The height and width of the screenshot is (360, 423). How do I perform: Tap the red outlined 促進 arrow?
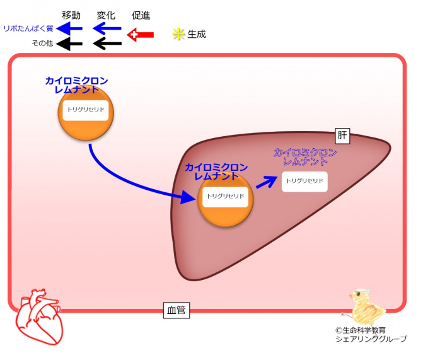pos(141,35)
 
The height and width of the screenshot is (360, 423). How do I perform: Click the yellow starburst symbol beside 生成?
pos(178,34)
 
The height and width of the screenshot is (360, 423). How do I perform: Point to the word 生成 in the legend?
pos(197,34)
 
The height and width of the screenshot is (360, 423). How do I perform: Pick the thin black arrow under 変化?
pos(107,44)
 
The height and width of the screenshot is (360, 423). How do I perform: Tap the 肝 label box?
pos(342,136)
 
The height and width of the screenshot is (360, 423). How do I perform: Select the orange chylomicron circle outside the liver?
pos(86,113)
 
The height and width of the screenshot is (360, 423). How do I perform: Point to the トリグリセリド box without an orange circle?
pos(305,182)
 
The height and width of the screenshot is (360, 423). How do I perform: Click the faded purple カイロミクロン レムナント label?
pos(305,157)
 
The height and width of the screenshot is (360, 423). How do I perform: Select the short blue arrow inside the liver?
pos(267,182)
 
